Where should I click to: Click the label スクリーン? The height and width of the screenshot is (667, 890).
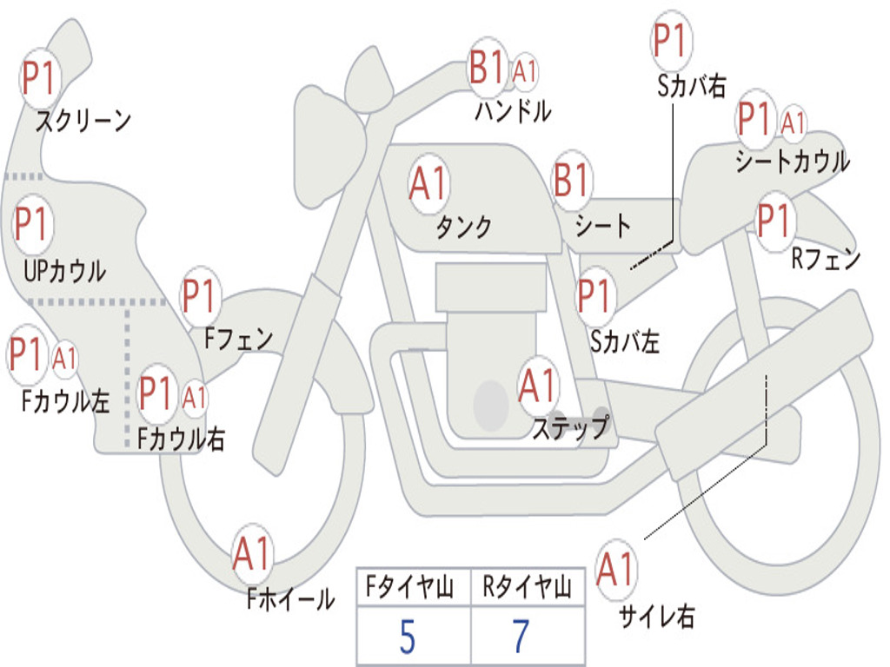[83, 121]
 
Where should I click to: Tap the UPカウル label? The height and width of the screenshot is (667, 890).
[64, 271]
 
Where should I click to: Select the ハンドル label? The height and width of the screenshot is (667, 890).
[513, 111]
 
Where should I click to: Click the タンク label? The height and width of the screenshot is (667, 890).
[463, 227]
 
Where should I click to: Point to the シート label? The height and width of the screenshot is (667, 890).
[602, 227]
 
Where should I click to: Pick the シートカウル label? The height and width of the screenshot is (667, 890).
[792, 162]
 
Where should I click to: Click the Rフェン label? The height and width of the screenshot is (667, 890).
[825, 259]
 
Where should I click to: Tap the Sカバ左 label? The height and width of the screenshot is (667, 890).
[624, 342]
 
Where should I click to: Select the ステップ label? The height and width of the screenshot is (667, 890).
[570, 428]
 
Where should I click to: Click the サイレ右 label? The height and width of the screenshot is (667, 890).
[656, 617]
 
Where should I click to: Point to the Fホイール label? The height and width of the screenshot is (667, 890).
[289, 599]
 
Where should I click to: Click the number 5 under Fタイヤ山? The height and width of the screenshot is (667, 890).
[407, 637]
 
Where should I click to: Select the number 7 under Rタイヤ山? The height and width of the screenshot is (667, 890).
[521, 637]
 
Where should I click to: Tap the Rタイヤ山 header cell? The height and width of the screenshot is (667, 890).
[527, 589]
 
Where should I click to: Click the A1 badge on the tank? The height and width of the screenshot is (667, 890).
[428, 184]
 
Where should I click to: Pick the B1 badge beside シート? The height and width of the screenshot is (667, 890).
[572, 182]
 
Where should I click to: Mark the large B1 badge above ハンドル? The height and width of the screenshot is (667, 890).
[487, 69]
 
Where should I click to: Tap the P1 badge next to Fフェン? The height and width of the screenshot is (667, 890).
[199, 297]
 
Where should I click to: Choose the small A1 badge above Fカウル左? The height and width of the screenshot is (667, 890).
[64, 359]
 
